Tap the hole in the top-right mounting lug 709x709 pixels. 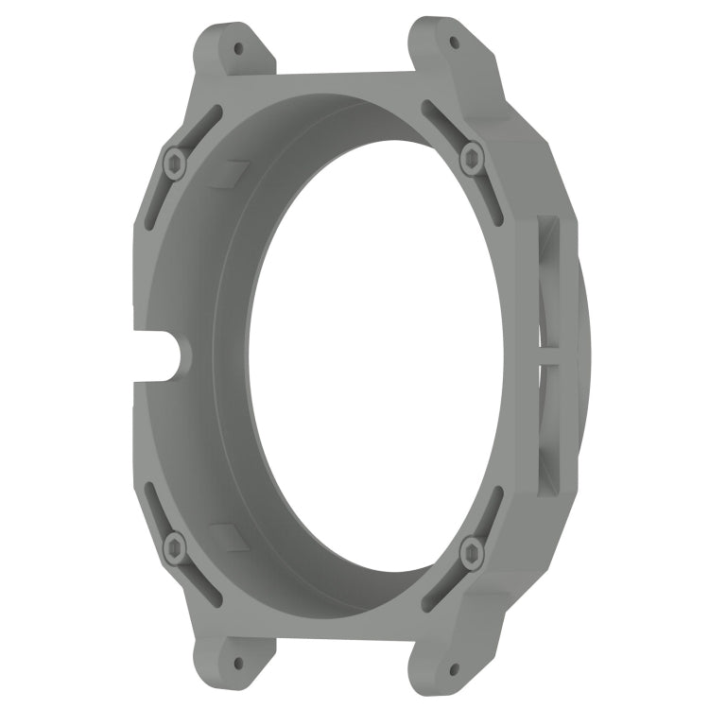[455, 43]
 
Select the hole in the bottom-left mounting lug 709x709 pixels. [237, 666]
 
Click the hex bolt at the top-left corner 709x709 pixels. [174, 164]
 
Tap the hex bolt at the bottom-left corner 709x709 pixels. [175, 545]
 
